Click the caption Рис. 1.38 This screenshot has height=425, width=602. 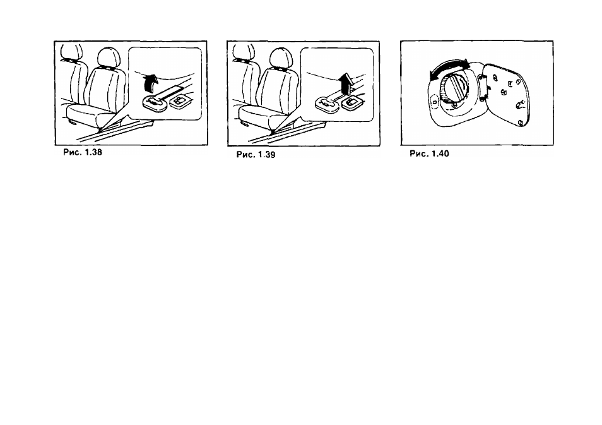pos(83,152)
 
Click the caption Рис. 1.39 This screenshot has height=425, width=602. pos(256,155)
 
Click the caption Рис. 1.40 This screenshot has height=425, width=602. pos(429,153)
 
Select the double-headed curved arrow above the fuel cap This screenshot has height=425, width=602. pos(449,66)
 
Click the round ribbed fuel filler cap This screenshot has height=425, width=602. pos(453,90)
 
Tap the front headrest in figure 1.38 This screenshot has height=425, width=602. pos(109,57)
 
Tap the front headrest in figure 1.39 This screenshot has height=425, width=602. pos(281,58)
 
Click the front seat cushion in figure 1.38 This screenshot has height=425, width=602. pos(91,116)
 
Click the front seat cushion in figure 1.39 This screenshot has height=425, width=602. pos(263,116)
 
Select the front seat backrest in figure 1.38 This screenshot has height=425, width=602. pos(105,88)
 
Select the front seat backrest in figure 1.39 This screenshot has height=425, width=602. pos(278,88)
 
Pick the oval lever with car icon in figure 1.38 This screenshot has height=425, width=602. pos(155,103)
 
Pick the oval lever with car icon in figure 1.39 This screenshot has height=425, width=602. pos(327,104)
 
